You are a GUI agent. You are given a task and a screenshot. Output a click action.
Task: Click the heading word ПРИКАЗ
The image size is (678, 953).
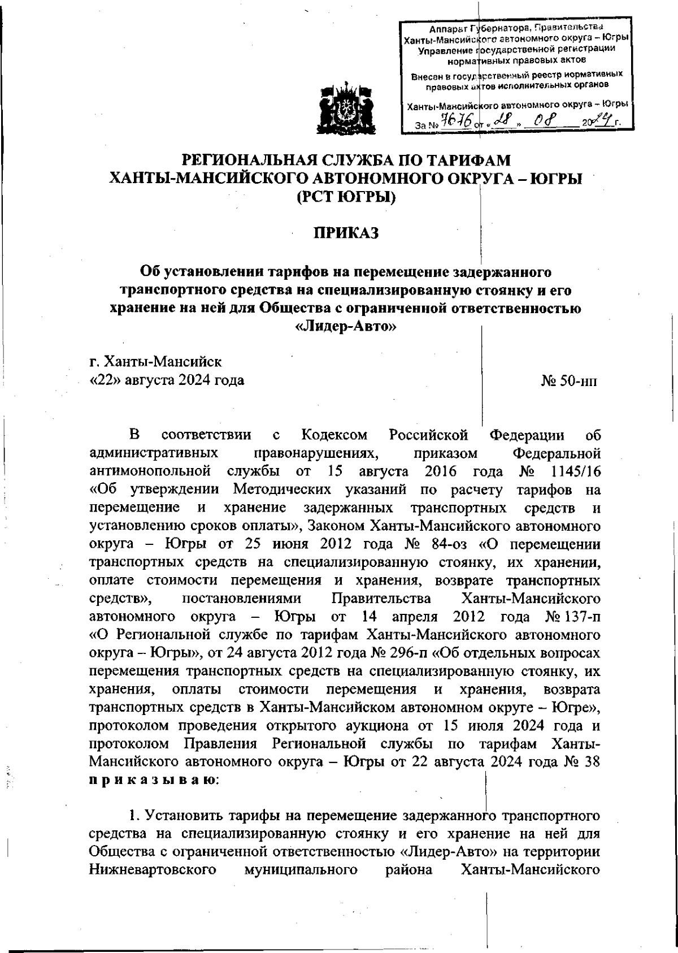346,233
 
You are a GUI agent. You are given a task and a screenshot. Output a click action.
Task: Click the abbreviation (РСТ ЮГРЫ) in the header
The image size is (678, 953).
346,198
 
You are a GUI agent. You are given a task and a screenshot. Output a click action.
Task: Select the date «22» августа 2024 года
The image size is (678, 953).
167,380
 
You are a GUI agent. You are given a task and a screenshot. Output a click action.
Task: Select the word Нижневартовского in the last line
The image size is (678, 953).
153,869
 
